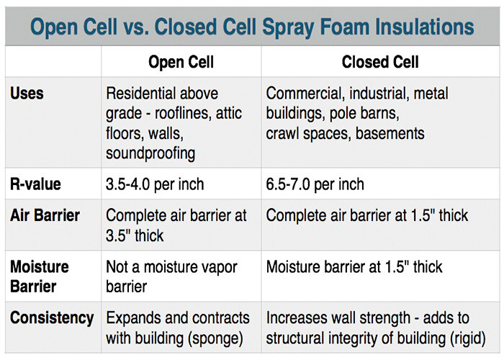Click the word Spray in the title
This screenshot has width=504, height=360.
tap(288, 27)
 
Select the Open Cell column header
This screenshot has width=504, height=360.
tap(181, 62)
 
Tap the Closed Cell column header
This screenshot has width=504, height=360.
tap(380, 62)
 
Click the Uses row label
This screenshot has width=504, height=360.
tap(27, 94)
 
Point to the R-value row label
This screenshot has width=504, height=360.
tap(35, 184)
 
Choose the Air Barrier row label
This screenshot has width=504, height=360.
tap(45, 215)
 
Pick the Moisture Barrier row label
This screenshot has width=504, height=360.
tap(39, 276)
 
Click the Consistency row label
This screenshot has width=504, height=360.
tap(52, 318)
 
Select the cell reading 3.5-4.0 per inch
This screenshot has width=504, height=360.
tap(155, 184)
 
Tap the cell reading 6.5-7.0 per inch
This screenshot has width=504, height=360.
tap(315, 184)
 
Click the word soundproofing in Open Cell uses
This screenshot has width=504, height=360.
tap(150, 153)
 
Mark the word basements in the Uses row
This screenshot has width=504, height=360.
tap(390, 133)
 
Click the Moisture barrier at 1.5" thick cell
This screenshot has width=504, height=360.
tap(354, 267)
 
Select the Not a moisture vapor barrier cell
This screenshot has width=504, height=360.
tap(171, 276)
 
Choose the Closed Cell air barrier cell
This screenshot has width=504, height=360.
tap(367, 215)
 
